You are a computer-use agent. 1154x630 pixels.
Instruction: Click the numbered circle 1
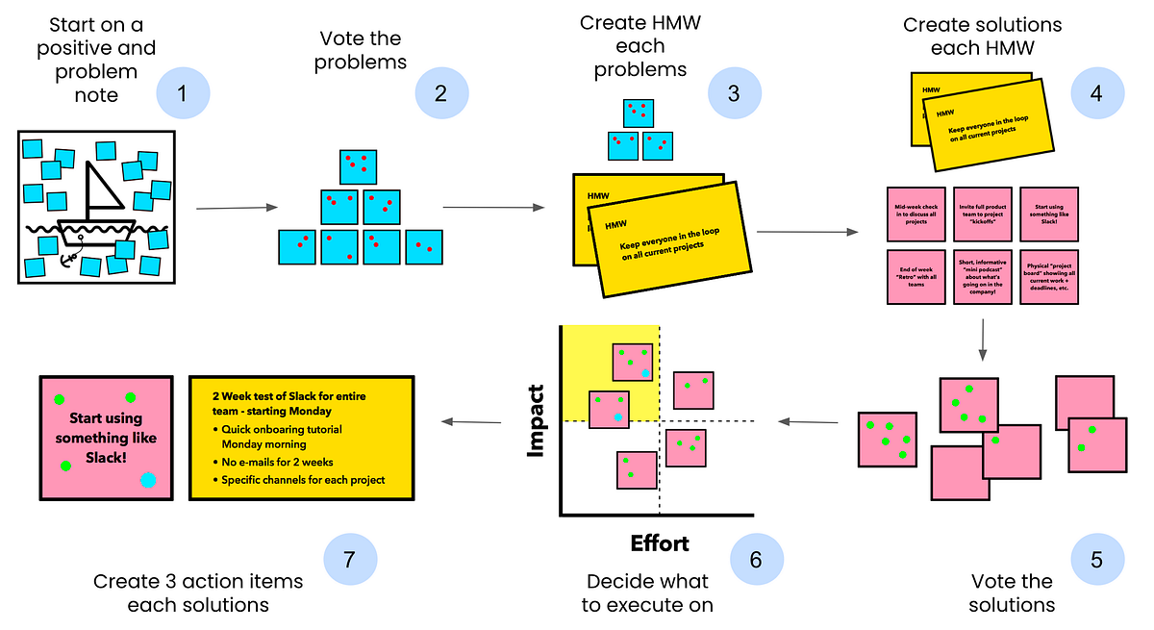[183, 93]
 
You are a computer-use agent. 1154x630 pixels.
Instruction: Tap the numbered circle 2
[441, 93]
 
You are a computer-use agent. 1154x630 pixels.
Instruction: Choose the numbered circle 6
[756, 559]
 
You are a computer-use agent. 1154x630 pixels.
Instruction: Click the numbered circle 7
[350, 559]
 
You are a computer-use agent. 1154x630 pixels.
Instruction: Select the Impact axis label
[537, 420]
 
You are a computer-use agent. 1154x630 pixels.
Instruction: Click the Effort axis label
[660, 543]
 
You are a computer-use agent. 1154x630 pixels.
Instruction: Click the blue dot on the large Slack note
[147, 480]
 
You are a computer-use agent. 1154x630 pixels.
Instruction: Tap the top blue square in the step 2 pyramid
[358, 166]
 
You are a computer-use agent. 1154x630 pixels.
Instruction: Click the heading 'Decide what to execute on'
[649, 593]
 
